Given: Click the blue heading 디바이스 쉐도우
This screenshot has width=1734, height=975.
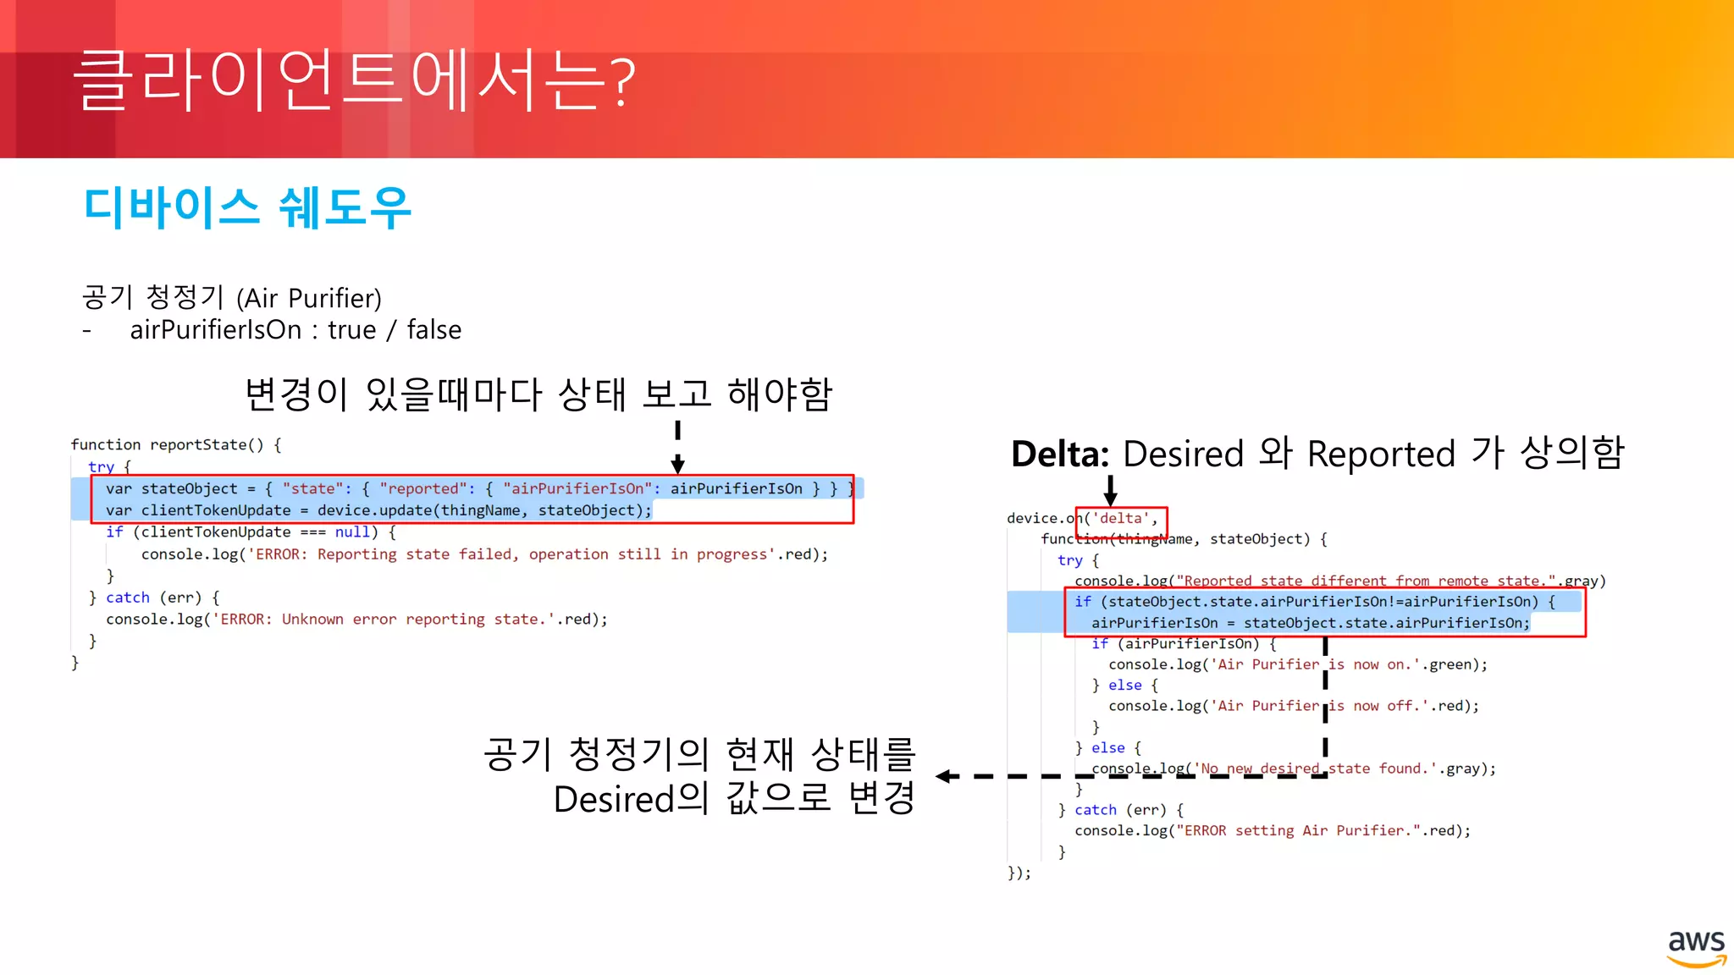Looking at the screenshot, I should (x=247, y=208).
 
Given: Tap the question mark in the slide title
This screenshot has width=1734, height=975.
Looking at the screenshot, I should (x=622, y=83).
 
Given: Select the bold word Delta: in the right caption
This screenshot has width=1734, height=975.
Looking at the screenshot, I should (x=1059, y=454).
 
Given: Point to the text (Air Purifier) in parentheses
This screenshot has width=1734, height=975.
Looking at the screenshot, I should (x=309, y=298).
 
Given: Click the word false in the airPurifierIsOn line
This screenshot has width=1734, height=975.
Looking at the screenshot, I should (x=433, y=329).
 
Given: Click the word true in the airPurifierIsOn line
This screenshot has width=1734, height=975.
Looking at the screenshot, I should (x=351, y=329).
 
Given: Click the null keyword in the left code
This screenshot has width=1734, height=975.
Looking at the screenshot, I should (x=352, y=532).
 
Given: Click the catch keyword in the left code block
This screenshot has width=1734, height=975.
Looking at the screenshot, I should (x=127, y=598).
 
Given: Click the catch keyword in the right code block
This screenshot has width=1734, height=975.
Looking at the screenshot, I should (x=1096, y=810).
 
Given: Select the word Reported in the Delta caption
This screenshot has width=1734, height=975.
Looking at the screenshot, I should (x=1381, y=454).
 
